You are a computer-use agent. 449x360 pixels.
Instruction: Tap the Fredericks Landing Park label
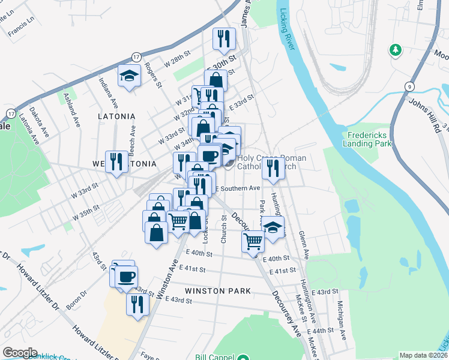pyautogui.click(x=367, y=139)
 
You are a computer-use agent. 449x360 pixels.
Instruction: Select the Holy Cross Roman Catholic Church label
pyautogui.click(x=272, y=163)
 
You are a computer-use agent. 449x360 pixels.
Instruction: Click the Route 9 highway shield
pyautogui.click(x=409, y=86)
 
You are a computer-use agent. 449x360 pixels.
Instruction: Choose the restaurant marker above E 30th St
pyautogui.click(x=224, y=40)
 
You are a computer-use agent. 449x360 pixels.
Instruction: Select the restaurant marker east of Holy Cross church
pyautogui.click(x=274, y=168)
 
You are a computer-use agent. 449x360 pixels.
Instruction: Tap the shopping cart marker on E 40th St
pyautogui.click(x=253, y=241)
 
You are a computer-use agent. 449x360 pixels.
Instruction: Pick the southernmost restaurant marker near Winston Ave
pyautogui.click(x=137, y=304)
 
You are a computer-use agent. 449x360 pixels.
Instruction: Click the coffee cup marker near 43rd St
pyautogui.click(x=127, y=277)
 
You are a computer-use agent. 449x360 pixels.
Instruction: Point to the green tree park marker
pyautogui.click(x=395, y=49)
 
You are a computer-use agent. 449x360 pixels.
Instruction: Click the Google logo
pyautogui.click(x=20, y=353)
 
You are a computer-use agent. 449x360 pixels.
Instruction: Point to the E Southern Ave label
pyautogui.click(x=238, y=188)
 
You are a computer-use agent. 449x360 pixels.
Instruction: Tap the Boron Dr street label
pyautogui.click(x=76, y=299)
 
